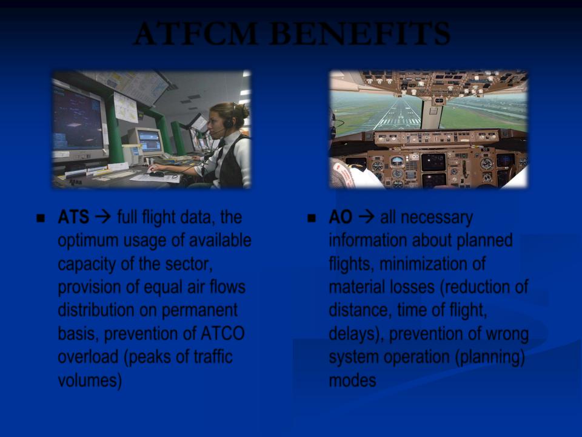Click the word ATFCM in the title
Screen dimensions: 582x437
196,33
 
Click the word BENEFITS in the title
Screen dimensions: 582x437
360,33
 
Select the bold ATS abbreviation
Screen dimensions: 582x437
73,217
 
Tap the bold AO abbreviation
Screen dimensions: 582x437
340,217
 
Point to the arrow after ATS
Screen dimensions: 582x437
103,217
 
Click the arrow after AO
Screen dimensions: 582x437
367,217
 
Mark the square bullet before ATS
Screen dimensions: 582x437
41,218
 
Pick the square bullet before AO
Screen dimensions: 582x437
312,218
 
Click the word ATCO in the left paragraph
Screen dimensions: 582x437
222,333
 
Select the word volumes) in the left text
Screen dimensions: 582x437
90,381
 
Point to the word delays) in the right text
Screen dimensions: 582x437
356,334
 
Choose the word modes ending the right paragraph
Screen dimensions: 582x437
352,381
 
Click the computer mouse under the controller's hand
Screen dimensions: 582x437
156,173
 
